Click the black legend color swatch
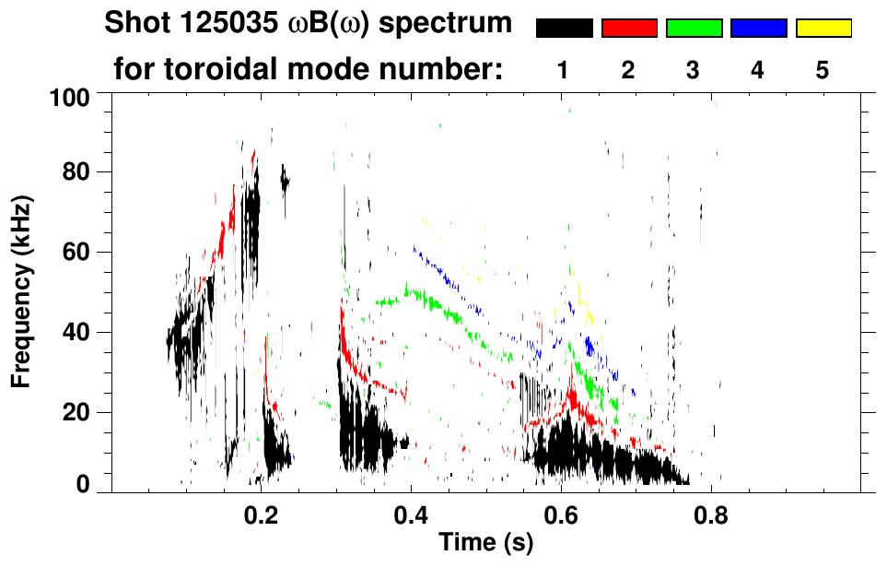point(565,29)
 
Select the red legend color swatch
point(629,29)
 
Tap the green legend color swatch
point(694,29)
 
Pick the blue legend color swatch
point(758,29)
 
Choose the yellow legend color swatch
point(823,29)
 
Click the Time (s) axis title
point(484,544)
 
